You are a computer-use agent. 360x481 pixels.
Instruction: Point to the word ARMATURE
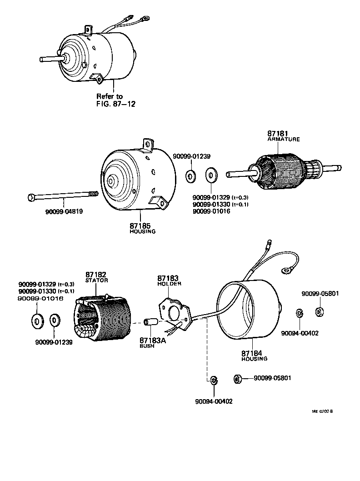click(x=283, y=140)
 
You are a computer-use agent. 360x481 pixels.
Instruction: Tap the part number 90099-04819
click(x=64, y=211)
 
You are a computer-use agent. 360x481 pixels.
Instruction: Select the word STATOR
click(x=96, y=281)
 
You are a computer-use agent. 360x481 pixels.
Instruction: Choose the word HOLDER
click(x=169, y=284)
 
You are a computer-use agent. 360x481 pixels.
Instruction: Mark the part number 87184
click(x=253, y=353)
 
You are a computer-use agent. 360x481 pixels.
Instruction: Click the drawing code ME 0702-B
click(x=322, y=411)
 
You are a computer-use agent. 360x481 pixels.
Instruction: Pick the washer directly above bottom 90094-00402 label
click(x=213, y=380)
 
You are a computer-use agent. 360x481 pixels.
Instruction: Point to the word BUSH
click(x=147, y=346)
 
